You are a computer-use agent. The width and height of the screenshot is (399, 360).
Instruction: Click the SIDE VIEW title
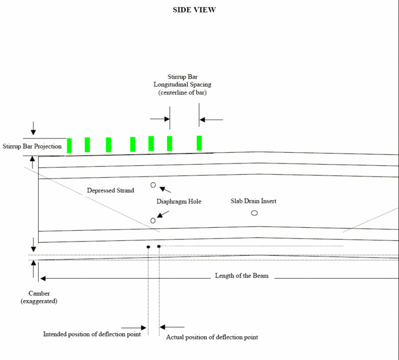(x=194, y=10)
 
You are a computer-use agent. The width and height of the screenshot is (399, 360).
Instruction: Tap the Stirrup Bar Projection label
(x=32, y=146)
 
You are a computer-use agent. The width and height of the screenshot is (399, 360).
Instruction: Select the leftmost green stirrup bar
(x=69, y=146)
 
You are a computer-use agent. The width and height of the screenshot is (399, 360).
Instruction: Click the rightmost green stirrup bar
(x=199, y=143)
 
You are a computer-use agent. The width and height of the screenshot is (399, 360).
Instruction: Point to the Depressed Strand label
(x=111, y=190)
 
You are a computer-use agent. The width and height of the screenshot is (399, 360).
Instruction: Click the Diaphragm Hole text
(x=179, y=202)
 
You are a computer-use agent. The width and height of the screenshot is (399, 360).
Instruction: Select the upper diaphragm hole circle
(x=153, y=185)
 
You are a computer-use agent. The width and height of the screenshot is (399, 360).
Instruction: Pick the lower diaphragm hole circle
(x=153, y=220)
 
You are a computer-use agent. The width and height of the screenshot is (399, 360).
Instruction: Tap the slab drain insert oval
(x=254, y=213)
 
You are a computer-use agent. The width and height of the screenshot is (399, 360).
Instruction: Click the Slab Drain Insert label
(x=254, y=201)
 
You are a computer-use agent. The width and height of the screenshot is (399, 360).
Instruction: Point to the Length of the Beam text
(x=242, y=276)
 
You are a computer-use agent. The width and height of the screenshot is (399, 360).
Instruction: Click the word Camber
(x=39, y=293)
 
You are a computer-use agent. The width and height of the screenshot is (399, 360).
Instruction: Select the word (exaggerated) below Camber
(x=39, y=301)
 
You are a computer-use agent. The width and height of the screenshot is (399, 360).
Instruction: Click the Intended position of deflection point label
(x=92, y=334)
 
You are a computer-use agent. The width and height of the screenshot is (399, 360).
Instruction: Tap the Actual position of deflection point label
(x=212, y=337)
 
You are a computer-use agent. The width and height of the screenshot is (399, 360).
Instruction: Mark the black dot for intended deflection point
(x=148, y=247)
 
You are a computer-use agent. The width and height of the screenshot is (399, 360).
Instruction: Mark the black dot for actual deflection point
(x=159, y=246)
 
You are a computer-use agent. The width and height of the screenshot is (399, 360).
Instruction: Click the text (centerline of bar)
(x=182, y=92)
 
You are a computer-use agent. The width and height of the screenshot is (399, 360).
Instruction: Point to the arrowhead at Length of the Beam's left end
(x=43, y=279)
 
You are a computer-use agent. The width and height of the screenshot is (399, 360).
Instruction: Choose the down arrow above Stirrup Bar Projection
(x=33, y=128)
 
